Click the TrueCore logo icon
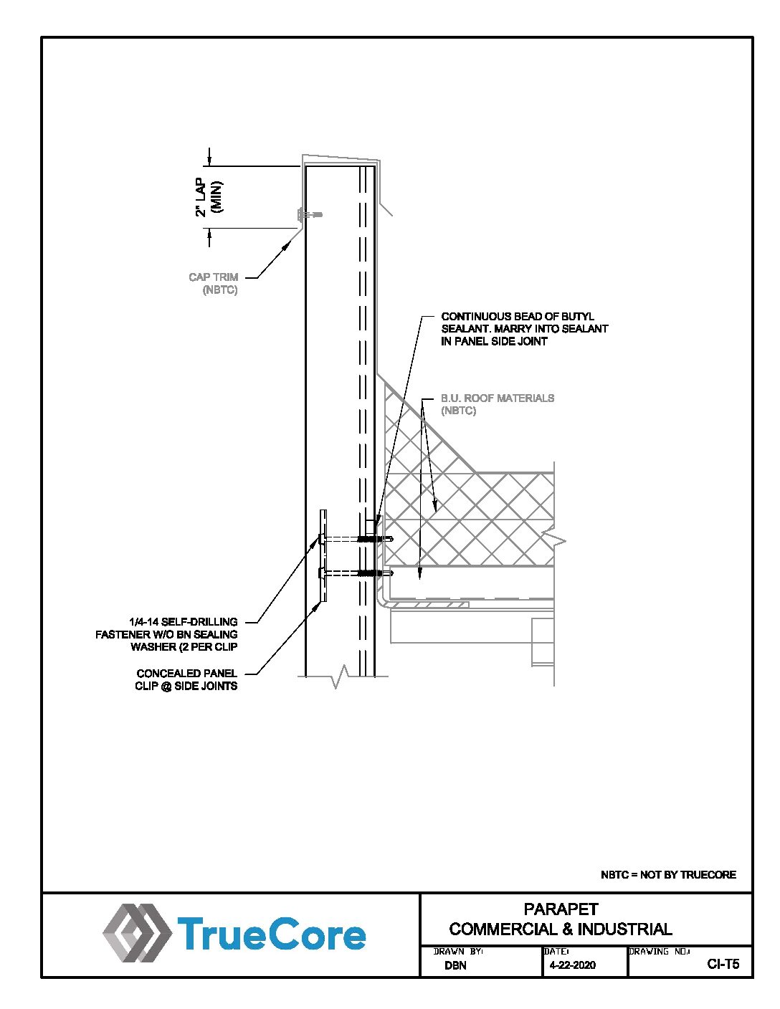(138, 932)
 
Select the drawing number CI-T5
(723, 965)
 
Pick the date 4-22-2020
(572, 965)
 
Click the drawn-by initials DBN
(455, 965)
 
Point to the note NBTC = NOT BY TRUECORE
(668, 875)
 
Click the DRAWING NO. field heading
(659, 952)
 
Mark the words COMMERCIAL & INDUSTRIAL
(561, 929)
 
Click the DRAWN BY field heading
(458, 952)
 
